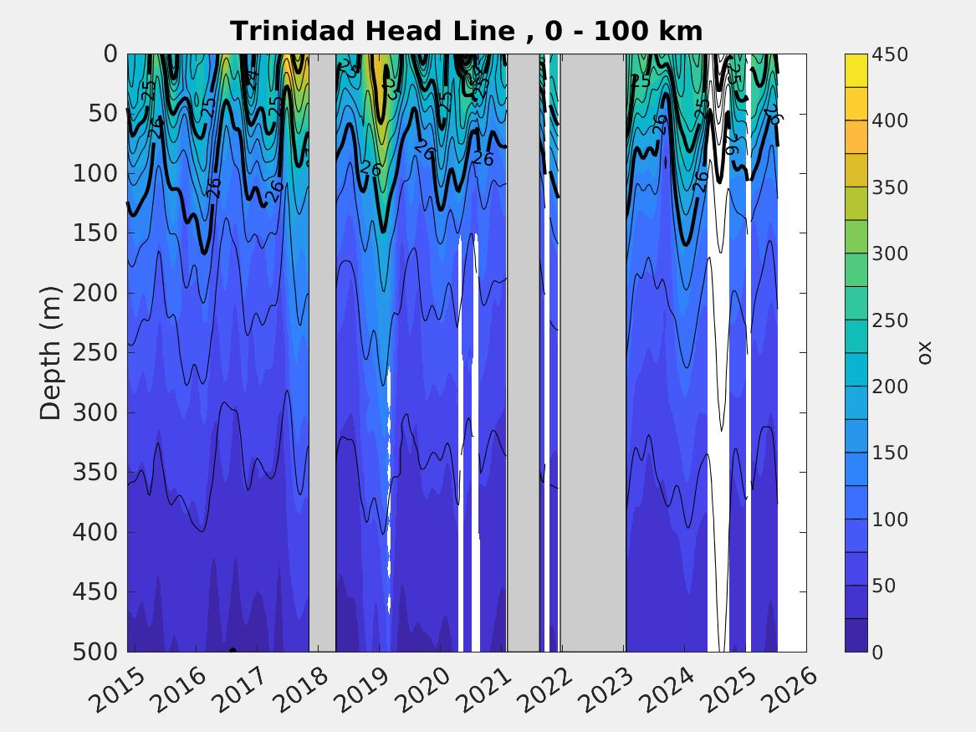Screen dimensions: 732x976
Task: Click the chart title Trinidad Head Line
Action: (466, 31)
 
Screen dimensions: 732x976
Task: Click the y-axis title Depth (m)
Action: (51, 352)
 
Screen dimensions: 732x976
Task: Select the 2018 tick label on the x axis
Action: (313, 686)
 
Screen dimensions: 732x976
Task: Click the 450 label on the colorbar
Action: (889, 54)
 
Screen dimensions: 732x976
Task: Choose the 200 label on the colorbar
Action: (889, 386)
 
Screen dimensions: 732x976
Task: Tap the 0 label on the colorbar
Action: (877, 652)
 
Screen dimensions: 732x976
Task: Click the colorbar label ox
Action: (924, 353)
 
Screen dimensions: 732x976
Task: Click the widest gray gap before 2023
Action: (593, 351)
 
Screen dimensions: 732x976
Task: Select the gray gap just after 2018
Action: (323, 351)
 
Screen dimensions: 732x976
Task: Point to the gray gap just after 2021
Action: (524, 351)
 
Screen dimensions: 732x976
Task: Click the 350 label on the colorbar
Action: (889, 187)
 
